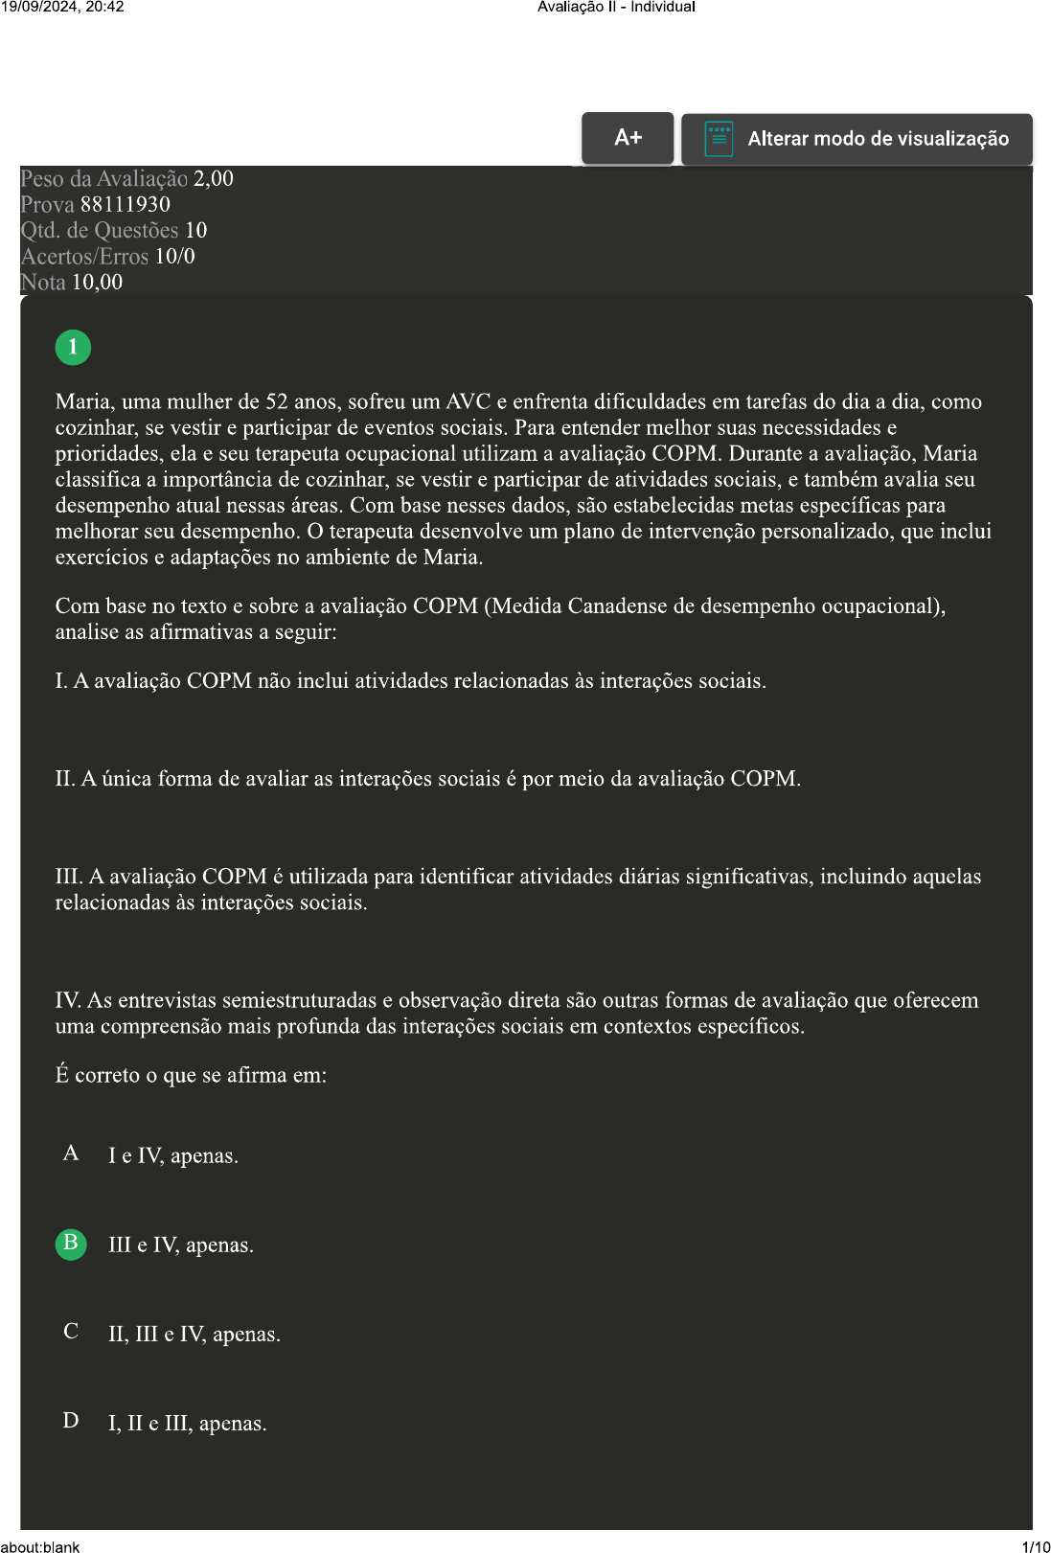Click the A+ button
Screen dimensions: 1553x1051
pyautogui.click(x=628, y=138)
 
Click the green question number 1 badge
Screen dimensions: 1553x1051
pyautogui.click(x=73, y=347)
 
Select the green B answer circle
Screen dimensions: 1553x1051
pyautogui.click(x=71, y=1244)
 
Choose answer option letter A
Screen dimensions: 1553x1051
pyautogui.click(x=71, y=1153)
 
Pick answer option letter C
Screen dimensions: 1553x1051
pyautogui.click(x=71, y=1332)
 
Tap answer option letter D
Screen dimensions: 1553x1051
pyautogui.click(x=71, y=1421)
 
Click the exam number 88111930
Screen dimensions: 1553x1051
pyautogui.click(x=126, y=204)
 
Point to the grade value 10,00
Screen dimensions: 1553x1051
pyautogui.click(x=98, y=282)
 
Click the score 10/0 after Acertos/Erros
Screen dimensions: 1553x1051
pyautogui.click(x=175, y=256)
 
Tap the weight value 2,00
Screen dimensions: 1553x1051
pyautogui.click(x=214, y=178)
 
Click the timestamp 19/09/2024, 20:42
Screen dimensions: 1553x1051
pyautogui.click(x=62, y=7)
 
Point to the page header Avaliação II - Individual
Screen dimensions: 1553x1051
pyautogui.click(x=616, y=7)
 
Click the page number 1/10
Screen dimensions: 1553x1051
pyautogui.click(x=1036, y=1546)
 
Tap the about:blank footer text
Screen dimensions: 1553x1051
pyautogui.click(x=40, y=1546)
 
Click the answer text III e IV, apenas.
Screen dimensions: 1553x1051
pyautogui.click(x=181, y=1245)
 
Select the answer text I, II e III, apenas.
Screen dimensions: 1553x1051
pyautogui.click(x=188, y=1424)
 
